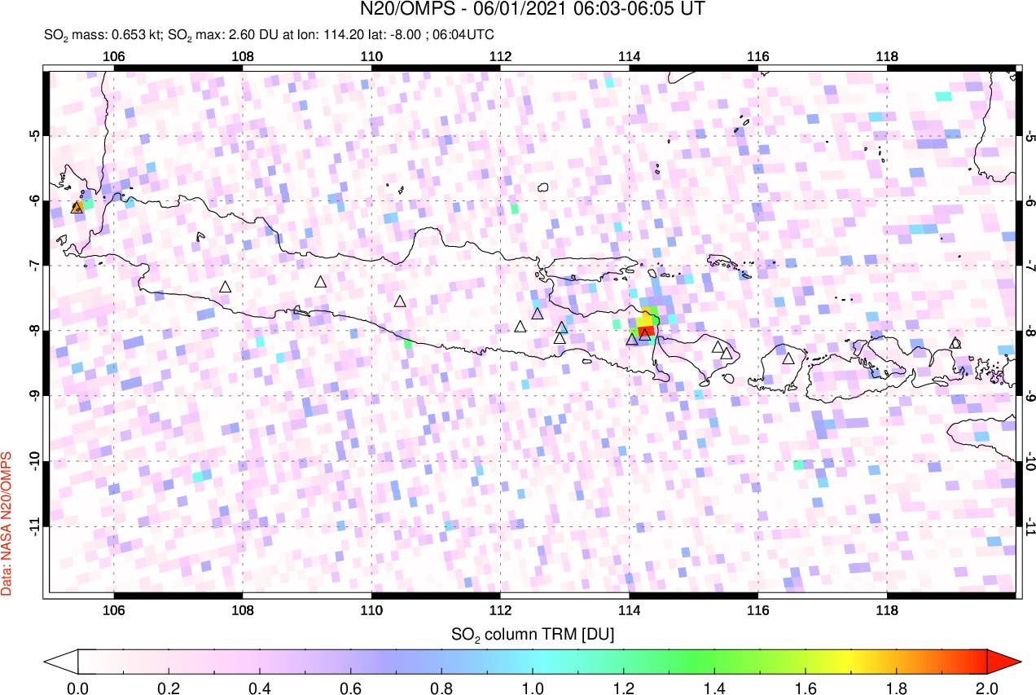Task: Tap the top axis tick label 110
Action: (371, 57)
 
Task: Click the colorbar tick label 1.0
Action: (533, 686)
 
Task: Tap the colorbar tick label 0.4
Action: (260, 686)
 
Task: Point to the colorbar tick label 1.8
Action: (897, 686)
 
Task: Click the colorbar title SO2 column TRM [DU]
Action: (533, 633)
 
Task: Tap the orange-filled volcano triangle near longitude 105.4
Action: (77, 208)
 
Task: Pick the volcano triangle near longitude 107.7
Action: (226, 287)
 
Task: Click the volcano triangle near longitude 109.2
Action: (321, 282)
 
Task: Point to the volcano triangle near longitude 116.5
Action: (788, 358)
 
